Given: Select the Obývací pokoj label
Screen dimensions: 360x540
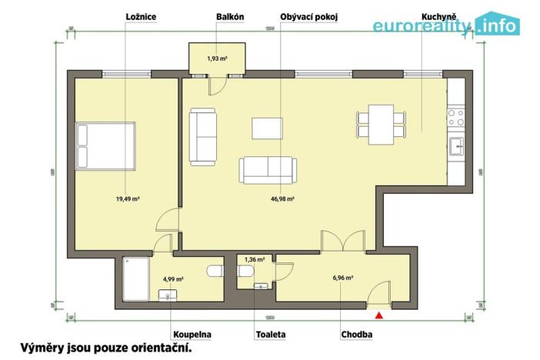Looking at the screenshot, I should (310, 16).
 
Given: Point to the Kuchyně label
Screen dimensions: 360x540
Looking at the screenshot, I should (438, 16).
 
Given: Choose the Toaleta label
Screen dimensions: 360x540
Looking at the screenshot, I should (270, 335).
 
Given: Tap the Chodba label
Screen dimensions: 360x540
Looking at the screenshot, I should (357, 335).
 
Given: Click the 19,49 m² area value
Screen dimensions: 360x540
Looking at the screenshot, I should (127, 198).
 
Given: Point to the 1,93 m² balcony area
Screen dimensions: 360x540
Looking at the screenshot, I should (218, 58).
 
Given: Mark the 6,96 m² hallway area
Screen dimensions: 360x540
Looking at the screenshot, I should (343, 278).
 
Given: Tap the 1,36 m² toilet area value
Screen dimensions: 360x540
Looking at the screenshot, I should (255, 260).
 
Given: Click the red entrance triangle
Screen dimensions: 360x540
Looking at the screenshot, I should (378, 314).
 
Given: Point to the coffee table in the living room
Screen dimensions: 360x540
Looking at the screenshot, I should (268, 128).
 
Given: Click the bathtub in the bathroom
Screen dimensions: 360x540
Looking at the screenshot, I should (138, 278).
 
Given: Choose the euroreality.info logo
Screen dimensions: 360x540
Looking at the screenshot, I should (446, 26).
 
